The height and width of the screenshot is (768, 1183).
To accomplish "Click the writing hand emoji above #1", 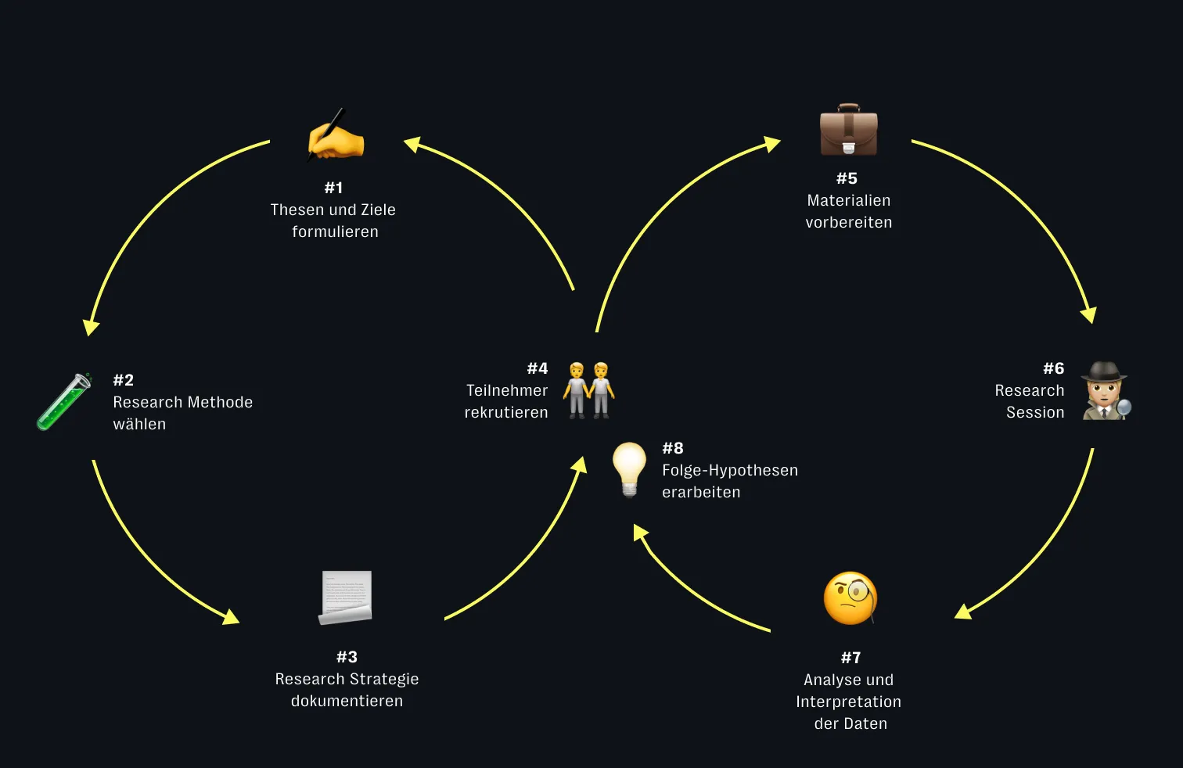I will [336, 136].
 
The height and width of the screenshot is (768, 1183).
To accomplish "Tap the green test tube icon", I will [64, 401].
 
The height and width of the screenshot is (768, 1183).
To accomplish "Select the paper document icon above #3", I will [346, 598].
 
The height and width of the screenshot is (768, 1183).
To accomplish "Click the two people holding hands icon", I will [588, 389].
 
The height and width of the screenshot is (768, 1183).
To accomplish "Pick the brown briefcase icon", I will [848, 131].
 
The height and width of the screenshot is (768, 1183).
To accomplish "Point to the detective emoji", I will [1106, 391].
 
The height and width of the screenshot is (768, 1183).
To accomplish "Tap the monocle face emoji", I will [850, 598].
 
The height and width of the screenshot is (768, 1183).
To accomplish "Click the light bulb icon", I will [629, 468].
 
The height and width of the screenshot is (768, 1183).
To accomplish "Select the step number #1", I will [334, 188].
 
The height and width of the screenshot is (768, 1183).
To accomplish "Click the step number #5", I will [847, 178].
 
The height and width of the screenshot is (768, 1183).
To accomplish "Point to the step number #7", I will [850, 658].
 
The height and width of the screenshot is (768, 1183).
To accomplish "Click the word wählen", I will [139, 424].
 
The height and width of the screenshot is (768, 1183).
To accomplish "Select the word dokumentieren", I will [347, 701].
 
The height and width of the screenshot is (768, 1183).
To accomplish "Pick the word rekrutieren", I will [506, 412].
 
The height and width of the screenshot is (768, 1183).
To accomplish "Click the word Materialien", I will [849, 200].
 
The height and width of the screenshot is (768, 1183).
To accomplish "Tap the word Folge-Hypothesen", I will [730, 470].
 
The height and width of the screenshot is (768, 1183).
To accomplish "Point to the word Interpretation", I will [849, 702].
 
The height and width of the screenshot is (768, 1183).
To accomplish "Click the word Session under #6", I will [1035, 412].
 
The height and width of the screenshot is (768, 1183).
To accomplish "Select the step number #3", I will [347, 657].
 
